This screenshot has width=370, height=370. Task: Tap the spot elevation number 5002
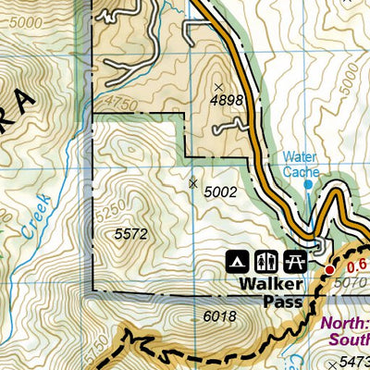pos(220,191)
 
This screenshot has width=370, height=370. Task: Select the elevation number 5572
pos(131,235)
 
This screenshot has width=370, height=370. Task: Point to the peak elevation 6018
pos(219,315)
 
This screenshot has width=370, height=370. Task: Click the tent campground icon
pos(238,258)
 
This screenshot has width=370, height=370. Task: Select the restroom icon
pos(267,258)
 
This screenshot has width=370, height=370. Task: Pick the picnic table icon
pos(296,258)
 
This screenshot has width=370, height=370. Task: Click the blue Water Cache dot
pos(309,184)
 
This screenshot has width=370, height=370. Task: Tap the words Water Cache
pos(301,164)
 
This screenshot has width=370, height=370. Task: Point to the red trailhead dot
pos(329,269)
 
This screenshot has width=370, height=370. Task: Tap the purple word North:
pos(345,324)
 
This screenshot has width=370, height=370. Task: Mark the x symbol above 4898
pos(219,87)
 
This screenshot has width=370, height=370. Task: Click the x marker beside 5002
pos(193,183)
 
